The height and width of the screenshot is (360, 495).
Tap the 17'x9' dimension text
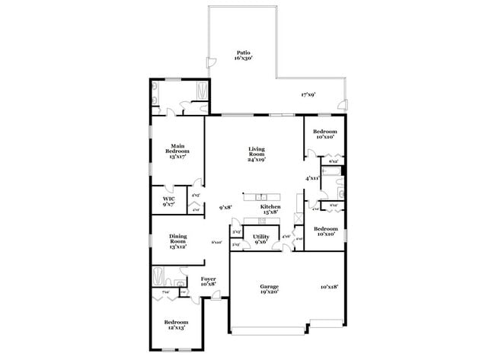click(308, 95)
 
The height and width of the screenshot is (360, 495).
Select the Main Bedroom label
click(177, 151)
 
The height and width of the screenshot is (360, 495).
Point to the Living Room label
click(256, 154)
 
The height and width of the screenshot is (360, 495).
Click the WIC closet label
click(168, 201)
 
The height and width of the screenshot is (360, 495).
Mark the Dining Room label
click(177, 241)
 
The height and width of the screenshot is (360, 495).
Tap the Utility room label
click(260, 240)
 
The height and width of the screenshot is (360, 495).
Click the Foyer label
click(208, 282)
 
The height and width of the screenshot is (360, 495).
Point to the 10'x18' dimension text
click(328, 287)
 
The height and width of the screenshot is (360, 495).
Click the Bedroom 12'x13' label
click(177, 324)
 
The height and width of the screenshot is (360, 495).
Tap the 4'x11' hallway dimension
click(312, 178)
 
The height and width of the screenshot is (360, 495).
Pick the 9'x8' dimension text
click(225, 207)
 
